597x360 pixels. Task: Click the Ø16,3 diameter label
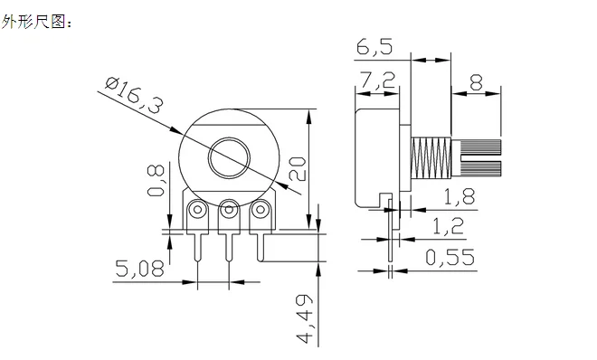click(x=135, y=95)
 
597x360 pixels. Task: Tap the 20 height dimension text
click(x=298, y=169)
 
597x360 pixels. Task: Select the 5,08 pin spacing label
click(x=139, y=269)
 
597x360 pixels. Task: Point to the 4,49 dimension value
click(x=305, y=318)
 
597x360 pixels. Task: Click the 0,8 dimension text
click(x=156, y=180)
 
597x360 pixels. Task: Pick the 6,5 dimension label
click(x=374, y=47)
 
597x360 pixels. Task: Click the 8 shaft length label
click(x=477, y=82)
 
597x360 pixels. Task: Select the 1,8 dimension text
click(x=460, y=197)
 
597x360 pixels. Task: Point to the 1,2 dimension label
click(x=449, y=225)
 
